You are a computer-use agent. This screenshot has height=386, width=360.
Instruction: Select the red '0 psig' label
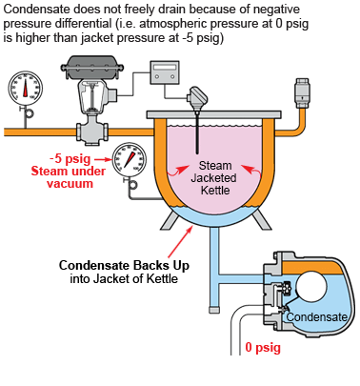[264, 348]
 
